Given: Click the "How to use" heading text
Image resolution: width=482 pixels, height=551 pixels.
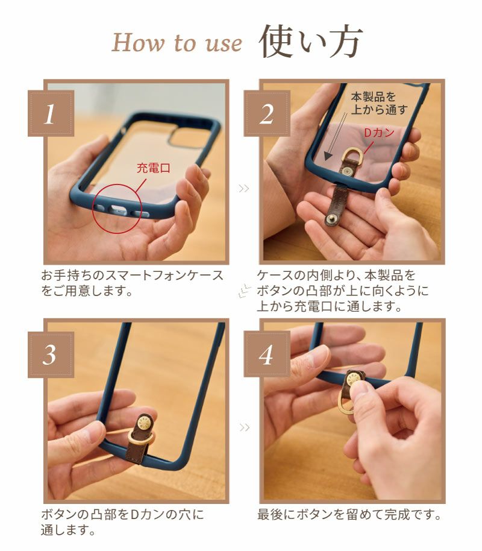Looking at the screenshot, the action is point(177,43).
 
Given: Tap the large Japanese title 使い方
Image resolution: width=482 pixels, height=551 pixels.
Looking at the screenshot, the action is point(310,41).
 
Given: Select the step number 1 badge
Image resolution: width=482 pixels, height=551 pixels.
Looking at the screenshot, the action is point(51,113).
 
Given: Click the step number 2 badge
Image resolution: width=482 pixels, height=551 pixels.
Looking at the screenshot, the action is point(267,113).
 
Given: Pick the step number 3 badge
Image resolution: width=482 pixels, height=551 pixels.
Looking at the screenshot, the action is point(51,354).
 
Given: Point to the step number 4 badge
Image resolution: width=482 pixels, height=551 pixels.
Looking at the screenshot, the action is point(267,354).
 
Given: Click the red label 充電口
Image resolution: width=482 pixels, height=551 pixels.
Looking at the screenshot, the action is point(154,168).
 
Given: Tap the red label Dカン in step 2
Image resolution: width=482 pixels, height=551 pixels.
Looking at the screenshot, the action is point(379,133).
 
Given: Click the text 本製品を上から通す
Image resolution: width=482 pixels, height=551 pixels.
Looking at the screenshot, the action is point(379,103).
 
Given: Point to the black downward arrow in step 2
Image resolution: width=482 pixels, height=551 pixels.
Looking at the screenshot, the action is point(336,136).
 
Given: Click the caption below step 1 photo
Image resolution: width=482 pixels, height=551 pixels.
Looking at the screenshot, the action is point(132,283).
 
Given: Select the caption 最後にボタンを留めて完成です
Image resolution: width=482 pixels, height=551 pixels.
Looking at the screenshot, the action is point(349,514).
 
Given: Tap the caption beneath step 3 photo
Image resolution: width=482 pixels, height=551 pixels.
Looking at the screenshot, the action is point(122,522).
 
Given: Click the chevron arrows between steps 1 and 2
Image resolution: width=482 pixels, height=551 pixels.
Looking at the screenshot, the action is point(243,189).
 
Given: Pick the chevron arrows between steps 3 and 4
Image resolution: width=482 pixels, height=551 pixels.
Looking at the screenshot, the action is point(245,427).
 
